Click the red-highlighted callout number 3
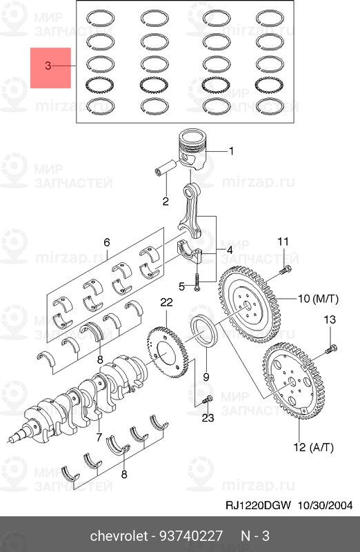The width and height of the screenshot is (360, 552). click(48, 66)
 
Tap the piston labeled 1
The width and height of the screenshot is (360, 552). click(192, 150)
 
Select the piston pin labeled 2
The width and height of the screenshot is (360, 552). click(165, 168)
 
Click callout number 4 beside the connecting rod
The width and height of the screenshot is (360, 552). click(229, 250)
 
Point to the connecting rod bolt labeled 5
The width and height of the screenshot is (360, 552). click(196, 282)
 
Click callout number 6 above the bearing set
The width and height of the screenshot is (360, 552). click(107, 242)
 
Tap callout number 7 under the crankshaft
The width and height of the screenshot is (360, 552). click(99, 437)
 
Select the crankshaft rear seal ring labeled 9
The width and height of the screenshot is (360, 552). click(204, 331)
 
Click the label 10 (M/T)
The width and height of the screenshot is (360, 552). click(318, 299)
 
